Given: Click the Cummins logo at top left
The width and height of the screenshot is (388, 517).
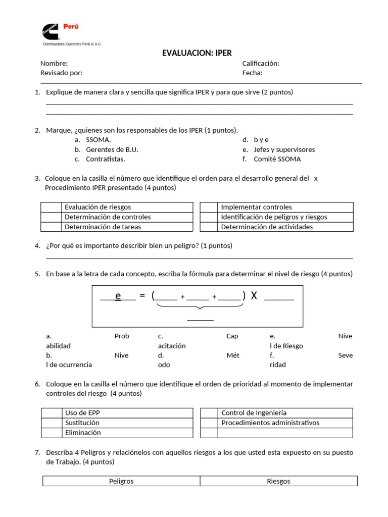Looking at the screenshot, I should [x=51, y=31].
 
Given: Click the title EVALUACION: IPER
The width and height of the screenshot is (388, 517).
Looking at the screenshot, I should [x=197, y=53].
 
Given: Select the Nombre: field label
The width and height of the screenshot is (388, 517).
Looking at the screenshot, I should [x=54, y=64].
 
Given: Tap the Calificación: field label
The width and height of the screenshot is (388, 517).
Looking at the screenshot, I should [x=261, y=64].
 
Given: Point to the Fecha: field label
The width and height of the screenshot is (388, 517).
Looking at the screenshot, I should [x=252, y=73].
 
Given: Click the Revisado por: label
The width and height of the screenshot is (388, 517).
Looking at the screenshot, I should [x=61, y=73].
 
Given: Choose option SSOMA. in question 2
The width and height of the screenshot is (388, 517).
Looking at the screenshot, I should [x=99, y=140].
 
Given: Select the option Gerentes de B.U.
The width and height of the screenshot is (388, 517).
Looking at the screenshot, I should [x=112, y=150].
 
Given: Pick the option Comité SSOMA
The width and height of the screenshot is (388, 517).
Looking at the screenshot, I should [x=277, y=160].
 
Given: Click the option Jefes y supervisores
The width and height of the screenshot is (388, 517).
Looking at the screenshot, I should [x=284, y=150].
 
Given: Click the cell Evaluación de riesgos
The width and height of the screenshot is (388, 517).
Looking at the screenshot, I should [x=98, y=207].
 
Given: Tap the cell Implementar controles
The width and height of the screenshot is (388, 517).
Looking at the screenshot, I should [x=257, y=207].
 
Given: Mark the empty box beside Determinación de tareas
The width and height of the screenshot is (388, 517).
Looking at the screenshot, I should [x=51, y=227].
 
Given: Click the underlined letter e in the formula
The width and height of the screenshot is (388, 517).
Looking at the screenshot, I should [x=118, y=296].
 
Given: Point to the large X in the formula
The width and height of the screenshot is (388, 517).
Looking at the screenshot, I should [x=254, y=296].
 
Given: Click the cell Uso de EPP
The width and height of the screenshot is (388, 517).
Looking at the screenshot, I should [x=79, y=413].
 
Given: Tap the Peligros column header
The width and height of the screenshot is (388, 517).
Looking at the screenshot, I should [x=121, y=481].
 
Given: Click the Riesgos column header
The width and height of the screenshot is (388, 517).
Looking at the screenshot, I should [x=278, y=481].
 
